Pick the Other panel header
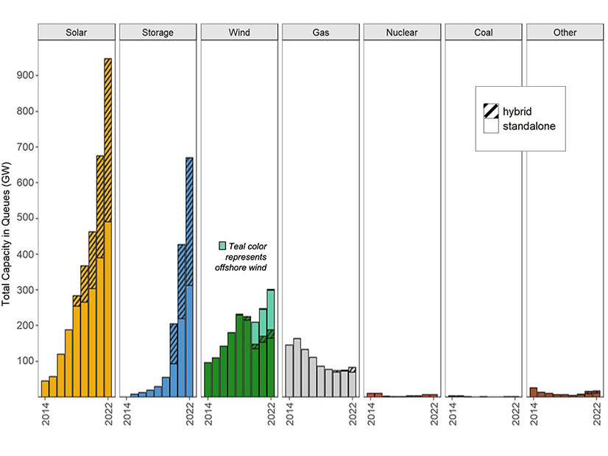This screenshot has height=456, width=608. [565, 32]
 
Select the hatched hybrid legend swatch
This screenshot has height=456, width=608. [491, 111]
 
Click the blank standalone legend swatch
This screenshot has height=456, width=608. [491, 127]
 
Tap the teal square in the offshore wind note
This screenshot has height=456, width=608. [222, 245]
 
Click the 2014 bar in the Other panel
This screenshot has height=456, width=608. [533, 392]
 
